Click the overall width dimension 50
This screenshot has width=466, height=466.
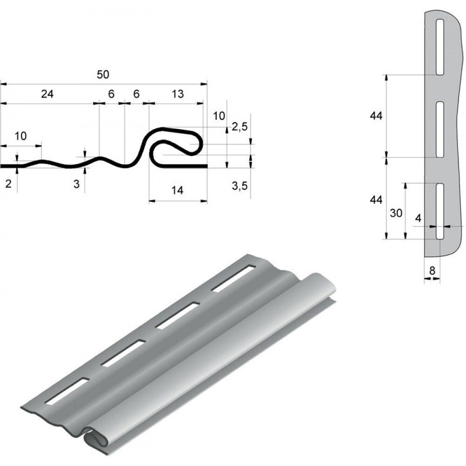(x=103, y=74)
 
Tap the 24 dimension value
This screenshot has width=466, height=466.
(x=47, y=94)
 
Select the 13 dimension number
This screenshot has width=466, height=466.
(x=178, y=94)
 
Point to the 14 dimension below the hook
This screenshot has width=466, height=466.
(x=178, y=190)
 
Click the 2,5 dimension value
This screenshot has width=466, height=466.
(x=240, y=127)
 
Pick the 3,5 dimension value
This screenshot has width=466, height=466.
(x=240, y=186)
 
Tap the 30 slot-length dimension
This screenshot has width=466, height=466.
(x=396, y=213)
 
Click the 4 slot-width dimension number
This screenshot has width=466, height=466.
(x=418, y=219)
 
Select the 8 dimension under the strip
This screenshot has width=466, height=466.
(x=432, y=270)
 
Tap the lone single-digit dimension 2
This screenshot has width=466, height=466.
(x=8, y=184)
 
